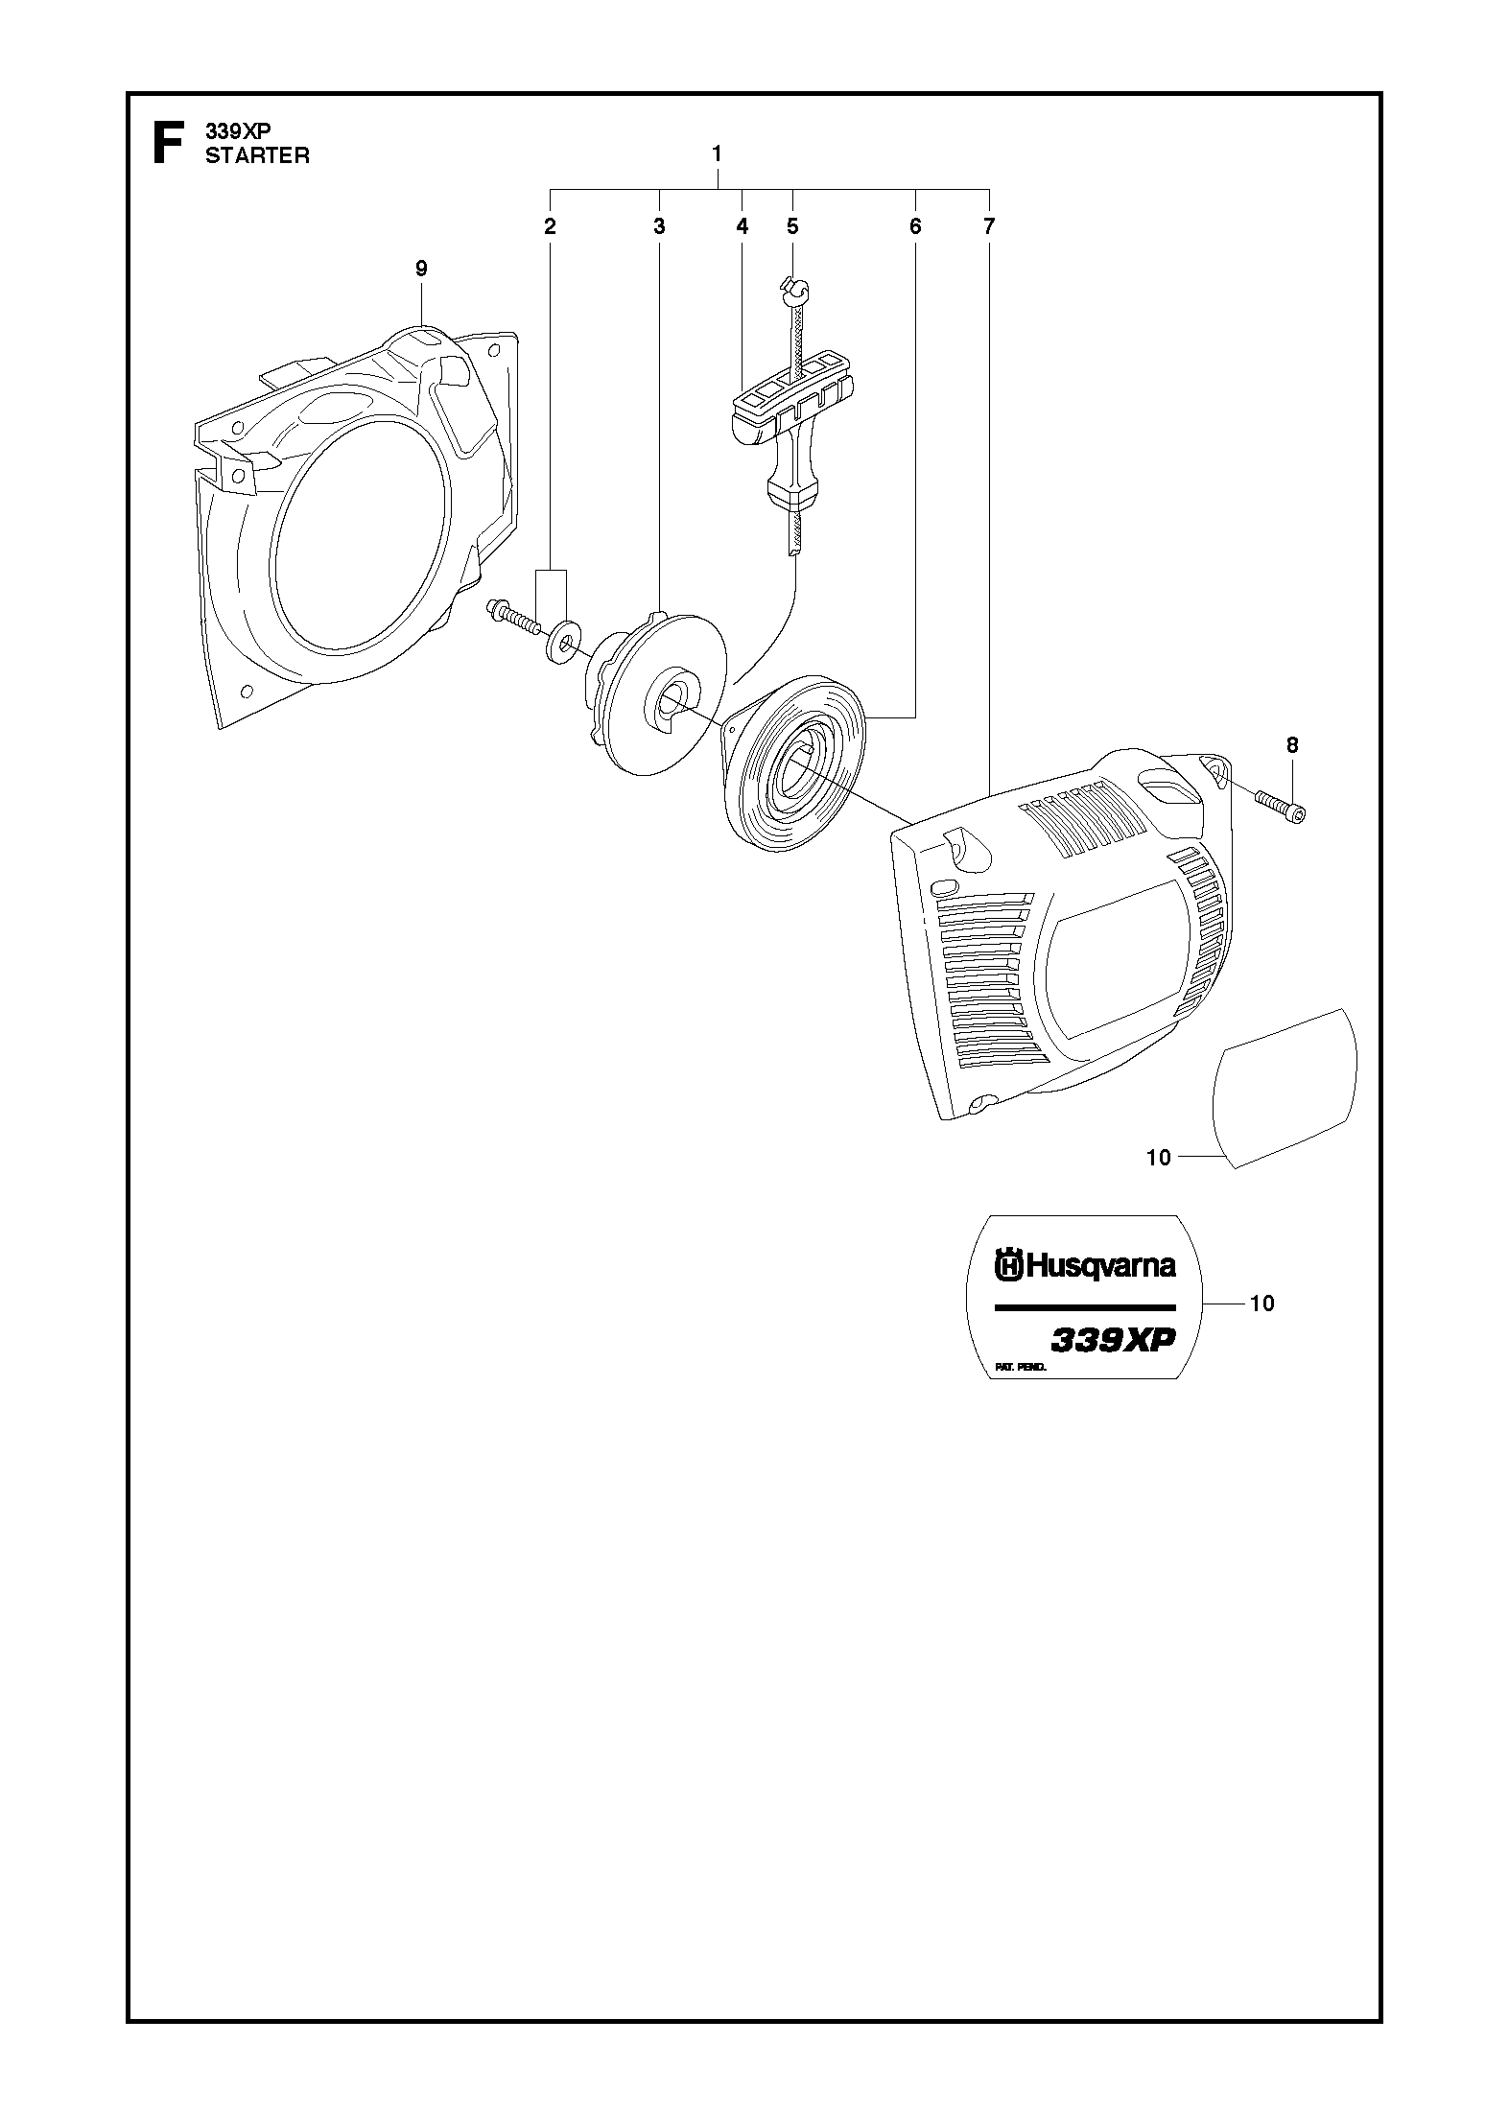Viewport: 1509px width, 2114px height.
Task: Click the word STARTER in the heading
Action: pyautogui.click(x=257, y=156)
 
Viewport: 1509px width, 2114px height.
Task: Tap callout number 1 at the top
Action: pyautogui.click(x=717, y=153)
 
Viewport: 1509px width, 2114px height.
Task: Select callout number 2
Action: pyautogui.click(x=550, y=226)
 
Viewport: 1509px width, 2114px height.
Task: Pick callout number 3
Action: pyautogui.click(x=659, y=226)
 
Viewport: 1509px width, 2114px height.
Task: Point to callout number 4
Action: pyautogui.click(x=742, y=226)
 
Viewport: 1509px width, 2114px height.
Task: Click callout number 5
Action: pyautogui.click(x=792, y=226)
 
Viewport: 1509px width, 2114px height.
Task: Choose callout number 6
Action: pyautogui.click(x=914, y=226)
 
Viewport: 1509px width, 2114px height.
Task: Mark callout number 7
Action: pyautogui.click(x=989, y=226)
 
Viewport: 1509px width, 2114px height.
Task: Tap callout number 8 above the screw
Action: pyautogui.click(x=1292, y=744)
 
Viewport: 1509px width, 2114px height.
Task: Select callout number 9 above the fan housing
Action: pyautogui.click(x=421, y=269)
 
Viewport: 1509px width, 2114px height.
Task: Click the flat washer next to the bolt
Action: pyautogui.click(x=561, y=635)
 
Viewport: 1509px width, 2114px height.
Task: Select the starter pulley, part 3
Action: pyautogui.click(x=657, y=692)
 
